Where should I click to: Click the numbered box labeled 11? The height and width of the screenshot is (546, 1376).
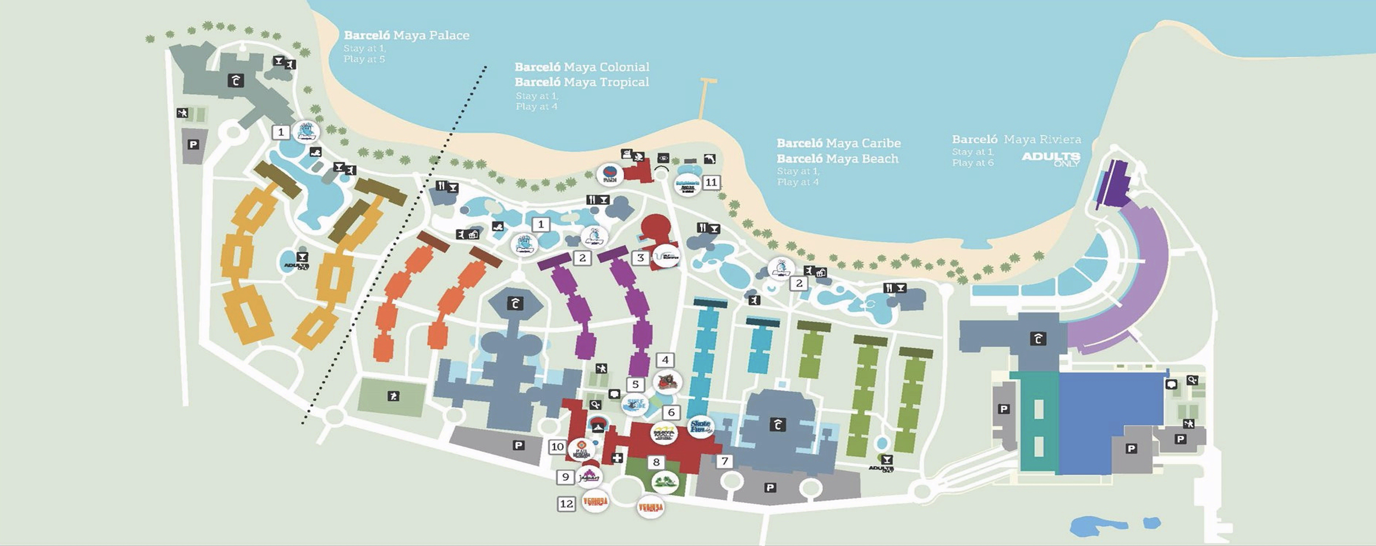click(711, 182)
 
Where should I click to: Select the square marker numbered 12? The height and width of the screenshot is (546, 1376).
click(566, 504)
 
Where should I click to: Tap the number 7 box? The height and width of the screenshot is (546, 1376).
click(725, 462)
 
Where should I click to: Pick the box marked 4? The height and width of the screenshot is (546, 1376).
click(665, 360)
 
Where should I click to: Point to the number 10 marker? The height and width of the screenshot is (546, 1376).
click(558, 447)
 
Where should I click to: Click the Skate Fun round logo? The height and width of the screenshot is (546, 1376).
click(701, 426)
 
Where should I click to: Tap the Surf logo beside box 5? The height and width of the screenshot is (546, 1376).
click(635, 406)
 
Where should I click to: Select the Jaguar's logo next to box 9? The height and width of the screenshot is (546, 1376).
click(589, 477)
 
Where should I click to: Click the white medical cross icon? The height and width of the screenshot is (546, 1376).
click(618, 458)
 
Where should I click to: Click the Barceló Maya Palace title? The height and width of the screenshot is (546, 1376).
click(406, 35)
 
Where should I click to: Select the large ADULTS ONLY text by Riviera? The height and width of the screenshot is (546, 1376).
click(1051, 159)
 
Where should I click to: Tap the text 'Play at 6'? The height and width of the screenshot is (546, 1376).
click(973, 163)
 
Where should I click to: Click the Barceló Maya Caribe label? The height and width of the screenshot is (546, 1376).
click(838, 143)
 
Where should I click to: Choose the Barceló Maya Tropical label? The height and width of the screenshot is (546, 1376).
click(582, 82)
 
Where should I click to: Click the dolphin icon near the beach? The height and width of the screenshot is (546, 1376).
click(709, 159)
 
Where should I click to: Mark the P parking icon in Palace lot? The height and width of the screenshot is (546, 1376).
click(193, 145)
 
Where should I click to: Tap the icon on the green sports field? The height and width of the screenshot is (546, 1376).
click(393, 396)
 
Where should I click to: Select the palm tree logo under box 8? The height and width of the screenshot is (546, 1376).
click(665, 482)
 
